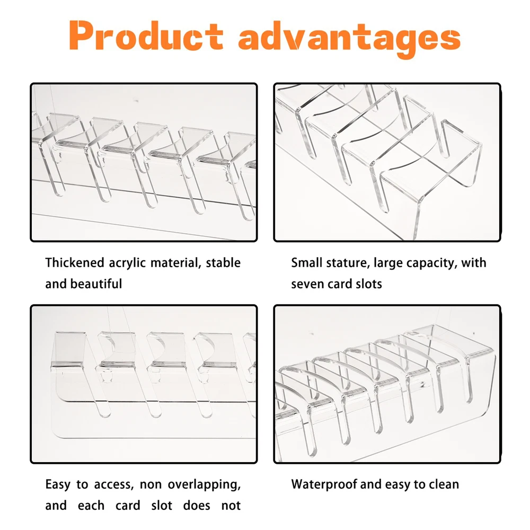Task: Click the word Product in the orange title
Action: pyautogui.click(x=146, y=36)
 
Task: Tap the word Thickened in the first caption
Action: pyautogui.click(x=75, y=263)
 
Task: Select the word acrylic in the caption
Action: pyautogui.click(x=128, y=263)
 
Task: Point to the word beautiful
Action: pyautogui.click(x=96, y=284)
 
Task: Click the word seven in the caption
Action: pyautogui.click(x=308, y=284)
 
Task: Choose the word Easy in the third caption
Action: pyautogui.click(x=58, y=485)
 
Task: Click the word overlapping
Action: pyautogui.click(x=204, y=485)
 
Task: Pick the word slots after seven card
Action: pyautogui.click(x=368, y=284)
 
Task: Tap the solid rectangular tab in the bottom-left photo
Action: pyautogui.click(x=69, y=348)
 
